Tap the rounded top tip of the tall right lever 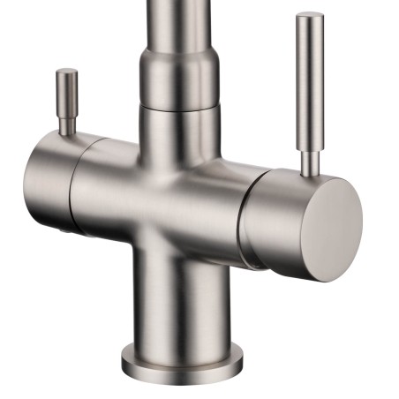click(310, 16)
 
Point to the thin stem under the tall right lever click(309, 160)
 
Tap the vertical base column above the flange click(181, 300)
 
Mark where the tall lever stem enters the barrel click(309, 173)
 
